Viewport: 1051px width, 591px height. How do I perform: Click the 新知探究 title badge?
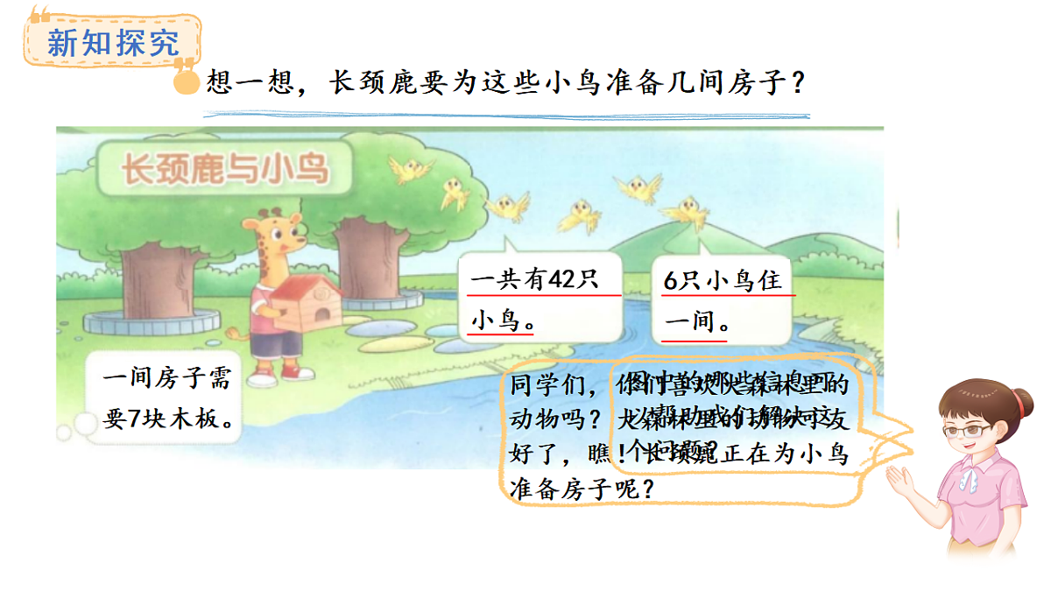112,40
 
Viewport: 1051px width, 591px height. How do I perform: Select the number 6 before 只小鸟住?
672,281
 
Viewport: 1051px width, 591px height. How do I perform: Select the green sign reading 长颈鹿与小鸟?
225,168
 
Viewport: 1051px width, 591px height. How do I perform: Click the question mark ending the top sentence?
797,85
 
